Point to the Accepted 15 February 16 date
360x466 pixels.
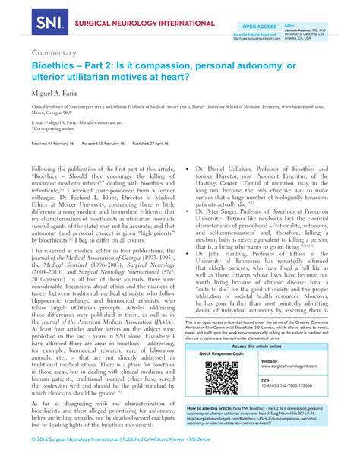113,143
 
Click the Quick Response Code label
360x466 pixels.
222,354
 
